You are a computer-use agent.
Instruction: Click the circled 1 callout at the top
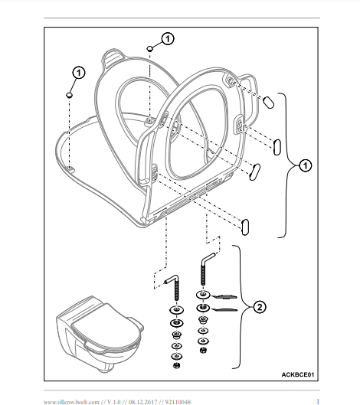(168, 39)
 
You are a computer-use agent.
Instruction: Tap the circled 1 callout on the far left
(79, 73)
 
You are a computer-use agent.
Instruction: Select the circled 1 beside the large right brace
(305, 165)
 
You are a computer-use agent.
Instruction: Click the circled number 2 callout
(259, 307)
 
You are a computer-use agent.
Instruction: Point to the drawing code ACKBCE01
(298, 374)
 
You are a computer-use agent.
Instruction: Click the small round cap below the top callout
(149, 48)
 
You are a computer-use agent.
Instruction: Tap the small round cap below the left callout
(69, 95)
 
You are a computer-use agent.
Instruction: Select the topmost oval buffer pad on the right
(269, 102)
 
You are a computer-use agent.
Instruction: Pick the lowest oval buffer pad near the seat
(245, 227)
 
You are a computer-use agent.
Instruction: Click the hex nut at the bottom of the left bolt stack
(177, 365)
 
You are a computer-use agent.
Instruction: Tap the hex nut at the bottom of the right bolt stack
(203, 350)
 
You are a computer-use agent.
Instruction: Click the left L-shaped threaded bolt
(173, 286)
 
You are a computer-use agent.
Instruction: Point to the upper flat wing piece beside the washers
(224, 296)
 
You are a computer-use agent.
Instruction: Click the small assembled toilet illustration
(100, 333)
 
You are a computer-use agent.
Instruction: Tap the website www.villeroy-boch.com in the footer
(71, 402)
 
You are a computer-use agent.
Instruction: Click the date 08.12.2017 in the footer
(143, 402)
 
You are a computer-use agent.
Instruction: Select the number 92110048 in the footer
(178, 402)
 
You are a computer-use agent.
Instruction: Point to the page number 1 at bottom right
(318, 401)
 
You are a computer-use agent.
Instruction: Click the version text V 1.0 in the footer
(114, 402)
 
